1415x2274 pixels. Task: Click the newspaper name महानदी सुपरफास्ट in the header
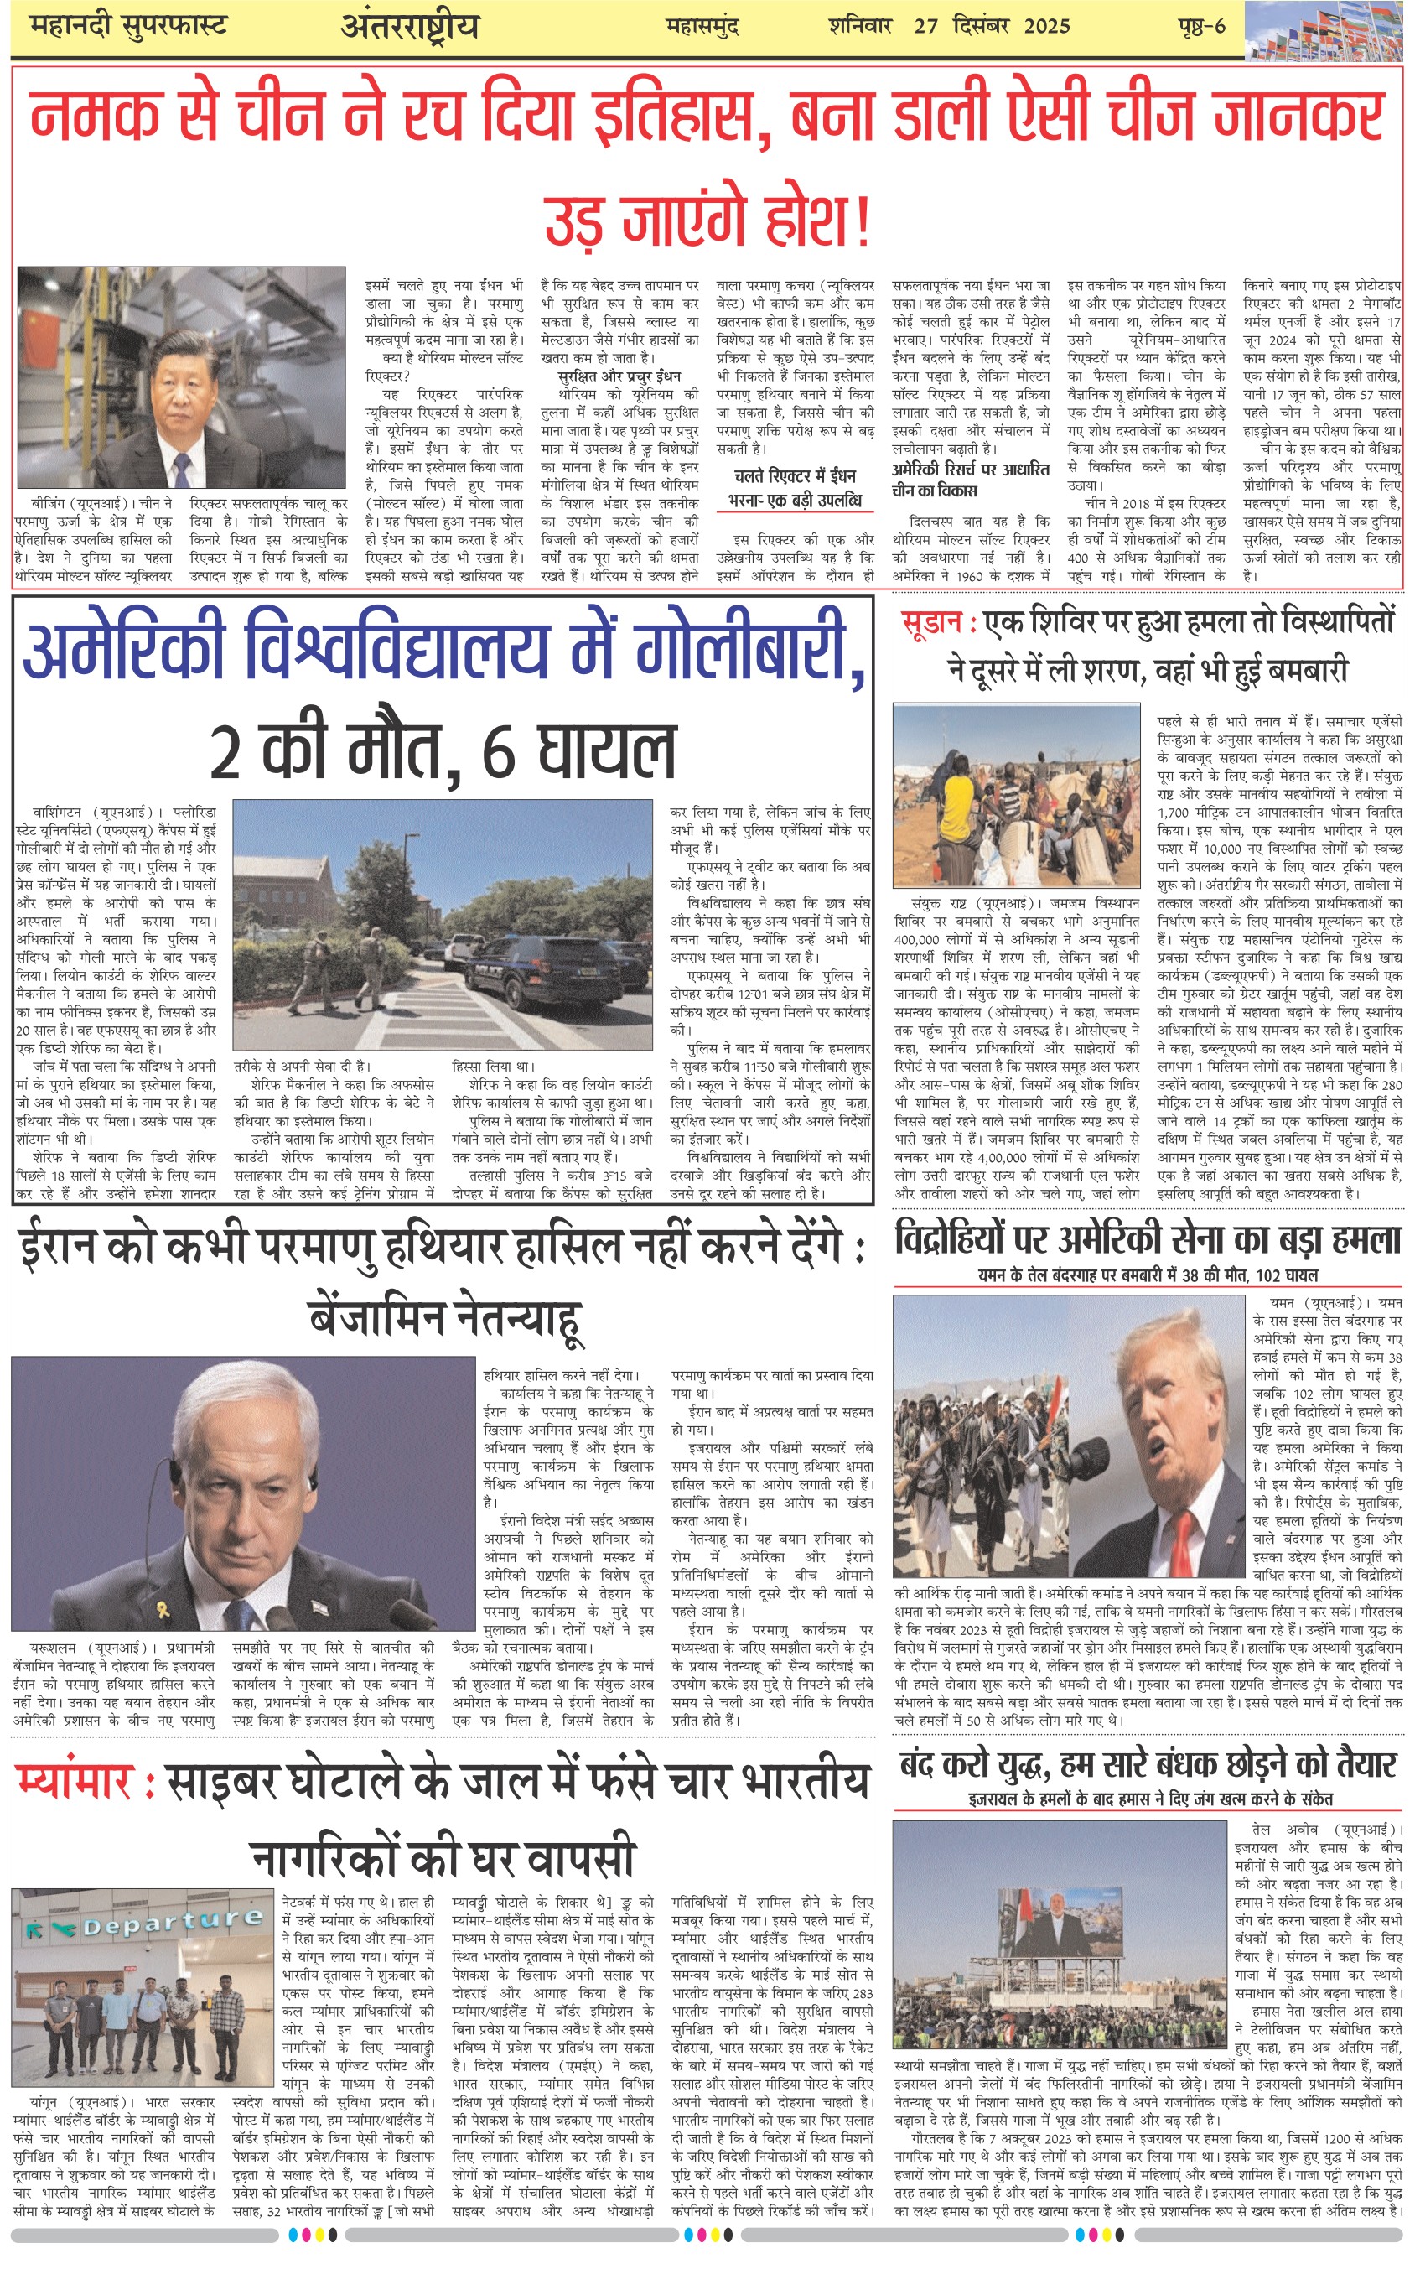[x=128, y=25]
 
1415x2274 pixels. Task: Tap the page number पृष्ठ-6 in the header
[x=1200, y=25]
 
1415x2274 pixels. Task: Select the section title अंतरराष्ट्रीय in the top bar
[x=409, y=27]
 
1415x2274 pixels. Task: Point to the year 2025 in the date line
[x=1046, y=25]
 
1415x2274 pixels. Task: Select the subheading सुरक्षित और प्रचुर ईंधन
[x=619, y=376]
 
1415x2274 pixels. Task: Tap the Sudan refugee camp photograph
[x=1015, y=795]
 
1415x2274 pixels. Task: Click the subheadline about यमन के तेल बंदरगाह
[x=1148, y=1275]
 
